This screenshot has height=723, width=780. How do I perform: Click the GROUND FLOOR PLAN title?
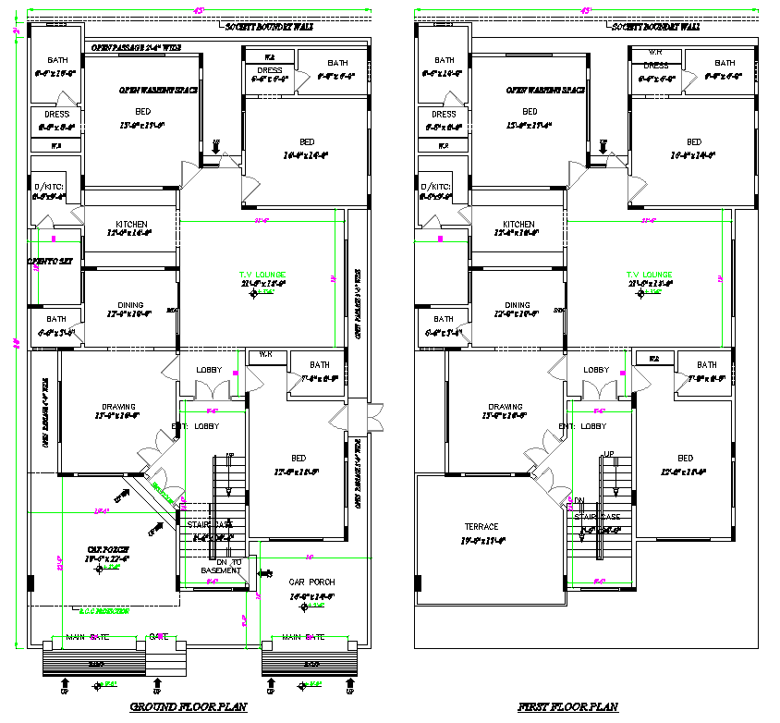(189, 707)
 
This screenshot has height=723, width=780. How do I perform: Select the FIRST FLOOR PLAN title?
(567, 707)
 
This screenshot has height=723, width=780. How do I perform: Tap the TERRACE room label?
(481, 527)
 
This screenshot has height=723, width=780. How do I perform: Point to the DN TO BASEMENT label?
(222, 566)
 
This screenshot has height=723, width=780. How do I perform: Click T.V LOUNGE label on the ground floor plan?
(262, 275)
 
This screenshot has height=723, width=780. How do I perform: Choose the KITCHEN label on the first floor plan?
(518, 225)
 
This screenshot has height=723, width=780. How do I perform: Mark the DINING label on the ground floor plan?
(129, 305)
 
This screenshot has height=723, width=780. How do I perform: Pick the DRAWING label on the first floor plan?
(506, 407)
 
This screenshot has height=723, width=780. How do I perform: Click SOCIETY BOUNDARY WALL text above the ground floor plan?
(269, 28)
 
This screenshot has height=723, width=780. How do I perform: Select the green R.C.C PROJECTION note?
(104, 611)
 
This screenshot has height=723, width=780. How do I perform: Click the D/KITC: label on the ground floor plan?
(48, 187)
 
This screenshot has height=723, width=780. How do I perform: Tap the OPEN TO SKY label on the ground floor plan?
(49, 262)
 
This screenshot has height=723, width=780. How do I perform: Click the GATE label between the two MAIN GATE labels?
(157, 636)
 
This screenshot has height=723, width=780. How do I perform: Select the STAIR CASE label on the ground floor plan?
(210, 524)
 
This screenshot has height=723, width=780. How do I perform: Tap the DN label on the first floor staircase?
(579, 500)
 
